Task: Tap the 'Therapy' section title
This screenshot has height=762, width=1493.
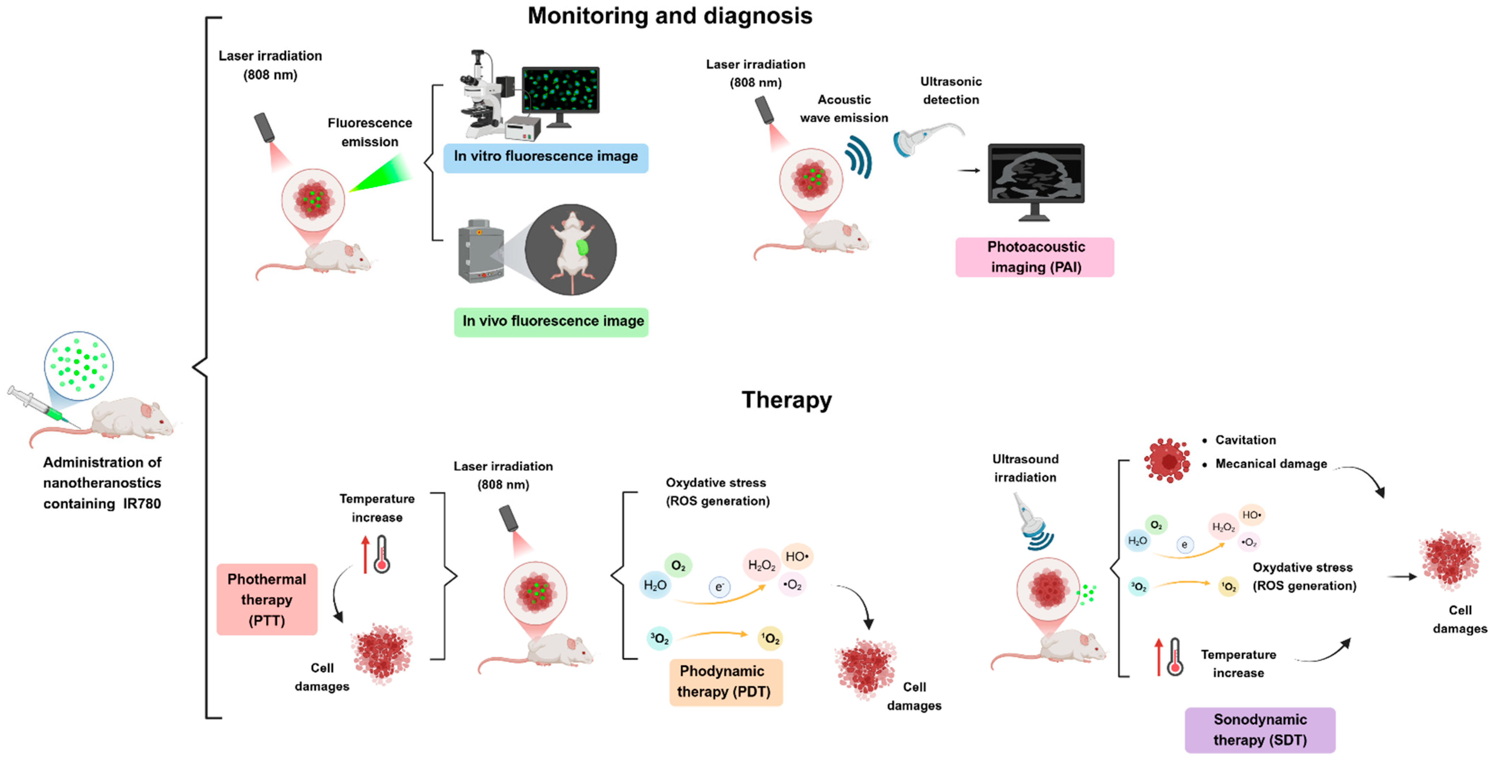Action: pos(787,400)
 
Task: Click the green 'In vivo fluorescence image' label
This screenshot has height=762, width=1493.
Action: pos(551,322)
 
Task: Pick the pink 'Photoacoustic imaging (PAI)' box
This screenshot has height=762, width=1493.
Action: pos(1035,257)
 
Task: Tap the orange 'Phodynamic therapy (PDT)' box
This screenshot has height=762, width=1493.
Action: pos(726,682)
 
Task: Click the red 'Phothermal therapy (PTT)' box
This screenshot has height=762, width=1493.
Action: pos(267,599)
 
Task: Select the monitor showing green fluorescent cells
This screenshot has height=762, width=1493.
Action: pos(560,96)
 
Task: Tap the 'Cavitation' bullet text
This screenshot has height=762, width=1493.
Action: pos(1246,440)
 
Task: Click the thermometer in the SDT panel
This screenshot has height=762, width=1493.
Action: pos(1175,657)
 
